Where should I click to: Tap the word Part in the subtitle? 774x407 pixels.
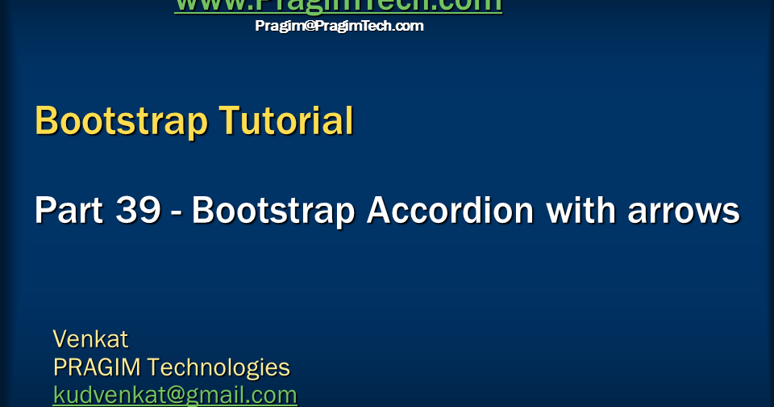[x=68, y=212]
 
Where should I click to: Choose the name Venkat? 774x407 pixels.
[x=90, y=338]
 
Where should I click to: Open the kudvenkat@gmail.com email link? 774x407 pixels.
[x=175, y=395]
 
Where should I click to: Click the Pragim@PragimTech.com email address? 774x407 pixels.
[x=339, y=26]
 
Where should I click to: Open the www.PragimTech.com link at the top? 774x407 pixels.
[x=339, y=5]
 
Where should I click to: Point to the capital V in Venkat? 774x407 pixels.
[x=60, y=338]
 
